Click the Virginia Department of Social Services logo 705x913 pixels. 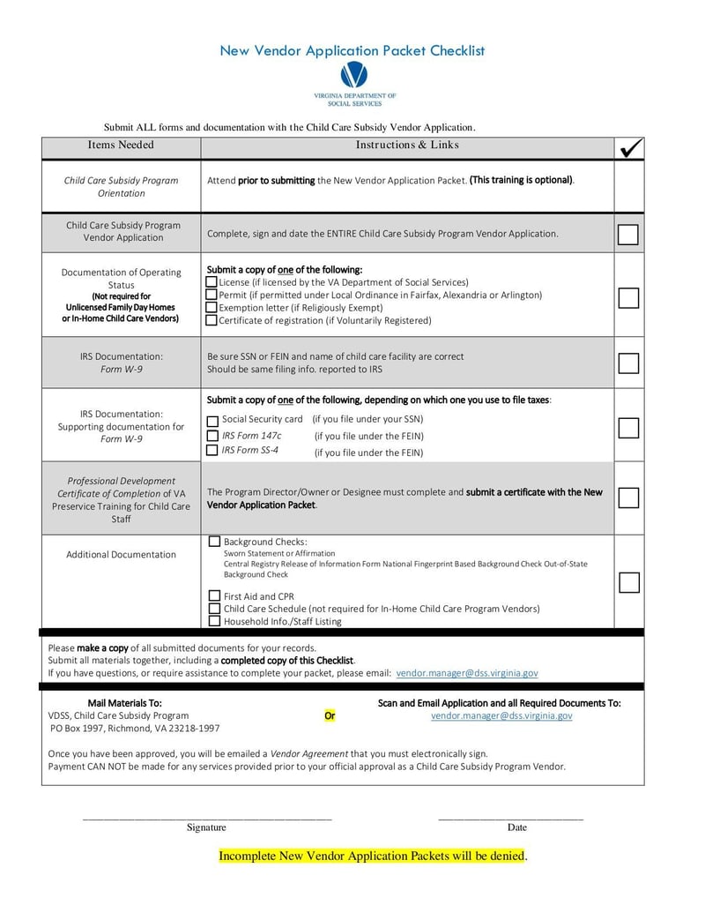(353, 76)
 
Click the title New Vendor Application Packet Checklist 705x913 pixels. (352, 51)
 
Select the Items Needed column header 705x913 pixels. (121, 145)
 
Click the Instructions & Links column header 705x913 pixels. (407, 145)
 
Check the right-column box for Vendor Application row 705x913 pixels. (628, 234)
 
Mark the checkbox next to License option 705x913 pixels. (211, 282)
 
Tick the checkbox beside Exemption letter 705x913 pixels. (211, 308)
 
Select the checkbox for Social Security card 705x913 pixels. (212, 422)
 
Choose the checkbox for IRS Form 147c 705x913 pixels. (212, 436)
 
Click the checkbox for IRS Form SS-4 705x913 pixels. (212, 451)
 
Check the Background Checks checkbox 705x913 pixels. (214, 542)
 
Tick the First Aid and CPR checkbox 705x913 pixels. (214, 596)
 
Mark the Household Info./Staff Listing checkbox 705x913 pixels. (214, 621)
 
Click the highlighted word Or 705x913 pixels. (330, 716)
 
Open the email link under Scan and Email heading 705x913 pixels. (501, 716)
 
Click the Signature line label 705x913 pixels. (206, 827)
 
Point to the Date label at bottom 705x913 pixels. (516, 827)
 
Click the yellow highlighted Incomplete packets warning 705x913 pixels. (372, 857)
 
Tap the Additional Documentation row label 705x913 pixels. (121, 555)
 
